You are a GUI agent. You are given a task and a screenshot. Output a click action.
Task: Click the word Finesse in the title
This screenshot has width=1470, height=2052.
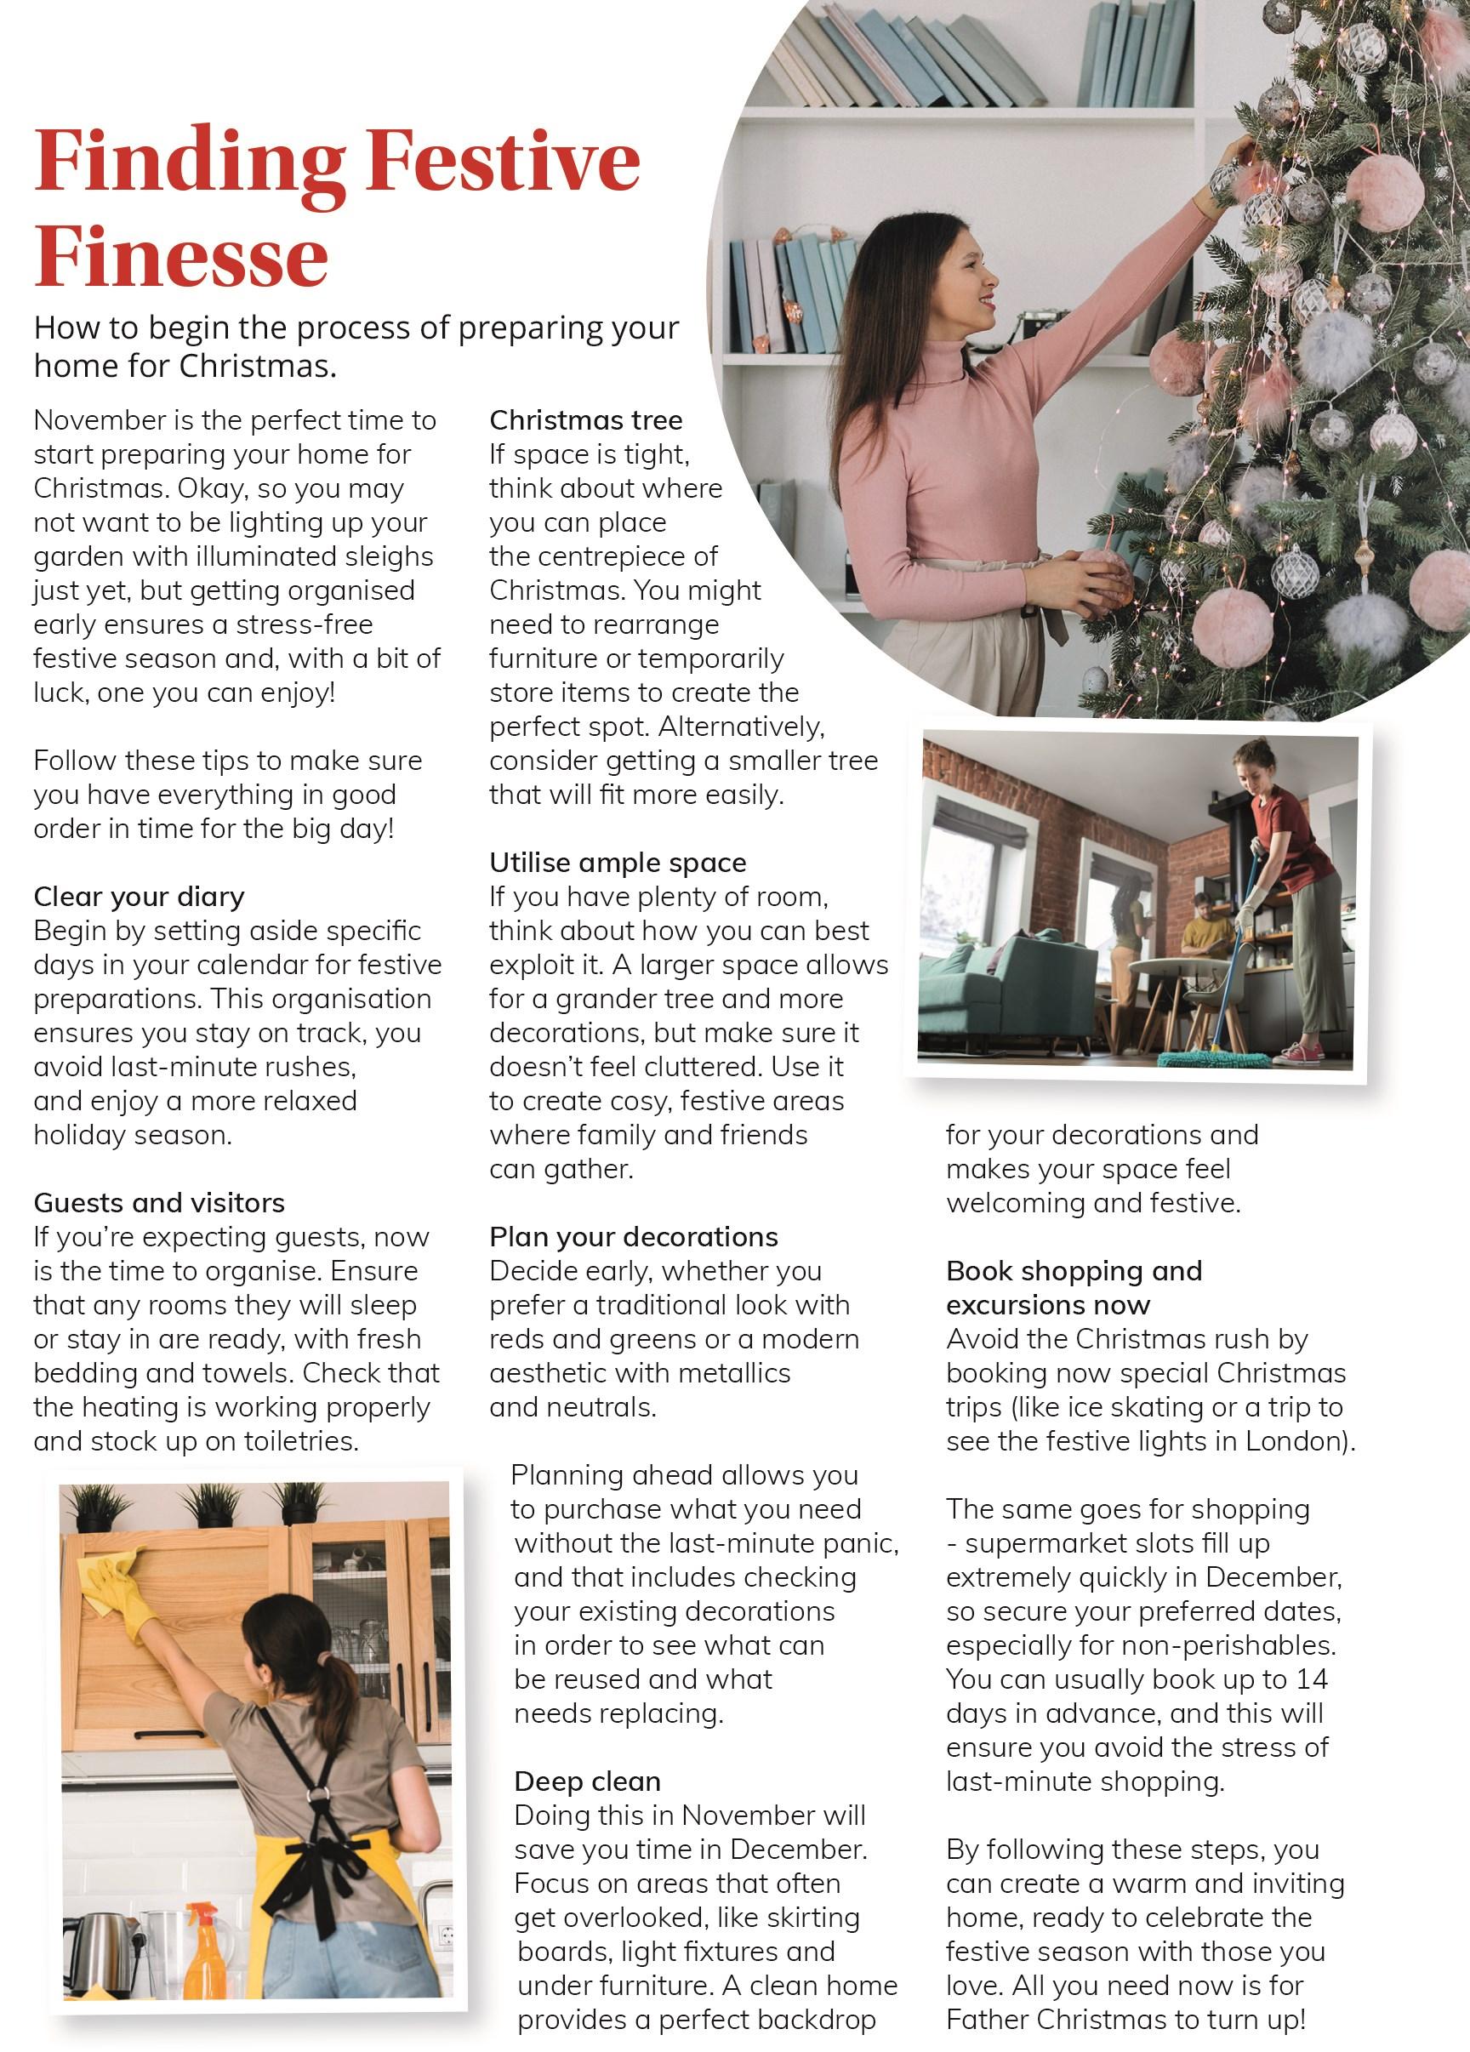pos(181,258)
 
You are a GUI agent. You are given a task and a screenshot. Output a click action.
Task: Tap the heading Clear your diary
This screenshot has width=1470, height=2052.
pos(140,897)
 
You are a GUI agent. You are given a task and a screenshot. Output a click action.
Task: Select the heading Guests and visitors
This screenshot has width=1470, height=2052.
pos(159,1202)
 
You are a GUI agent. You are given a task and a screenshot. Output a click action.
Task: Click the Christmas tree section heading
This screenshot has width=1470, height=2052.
pos(585,421)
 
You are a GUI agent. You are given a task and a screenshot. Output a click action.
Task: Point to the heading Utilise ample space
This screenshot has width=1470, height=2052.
pos(618,863)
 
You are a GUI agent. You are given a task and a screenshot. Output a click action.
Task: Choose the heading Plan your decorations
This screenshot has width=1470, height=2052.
pos(633,1237)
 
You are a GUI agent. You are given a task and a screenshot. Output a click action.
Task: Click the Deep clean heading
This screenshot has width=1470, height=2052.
pos(587,1781)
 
